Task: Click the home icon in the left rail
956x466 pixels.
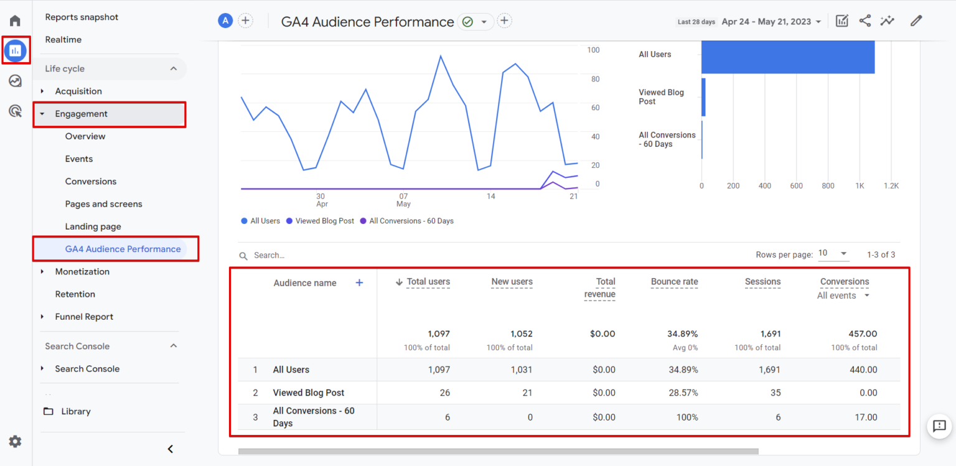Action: pos(15,21)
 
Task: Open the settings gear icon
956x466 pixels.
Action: pos(15,442)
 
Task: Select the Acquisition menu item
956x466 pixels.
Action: pos(78,91)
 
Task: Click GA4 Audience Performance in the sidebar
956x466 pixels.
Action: pos(123,249)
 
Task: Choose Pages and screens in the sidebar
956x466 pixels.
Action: pos(103,204)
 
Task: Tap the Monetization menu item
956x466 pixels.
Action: pos(82,272)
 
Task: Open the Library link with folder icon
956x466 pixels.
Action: pos(75,411)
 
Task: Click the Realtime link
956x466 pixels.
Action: pos(63,40)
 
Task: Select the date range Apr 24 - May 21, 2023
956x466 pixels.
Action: pos(771,22)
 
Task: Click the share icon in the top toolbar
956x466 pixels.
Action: pos(865,21)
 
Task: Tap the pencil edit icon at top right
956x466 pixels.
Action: pos(916,21)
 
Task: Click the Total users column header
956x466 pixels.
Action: pos(428,282)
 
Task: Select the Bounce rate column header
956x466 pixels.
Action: pos(674,282)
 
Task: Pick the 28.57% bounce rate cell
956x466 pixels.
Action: pos(682,393)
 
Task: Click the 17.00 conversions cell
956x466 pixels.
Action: pos(865,417)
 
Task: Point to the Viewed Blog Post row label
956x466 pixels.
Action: pos(308,393)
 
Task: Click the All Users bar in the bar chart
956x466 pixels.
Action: pos(787,57)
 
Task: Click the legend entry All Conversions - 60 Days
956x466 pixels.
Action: pos(411,221)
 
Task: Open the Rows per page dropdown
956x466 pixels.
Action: pos(833,253)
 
